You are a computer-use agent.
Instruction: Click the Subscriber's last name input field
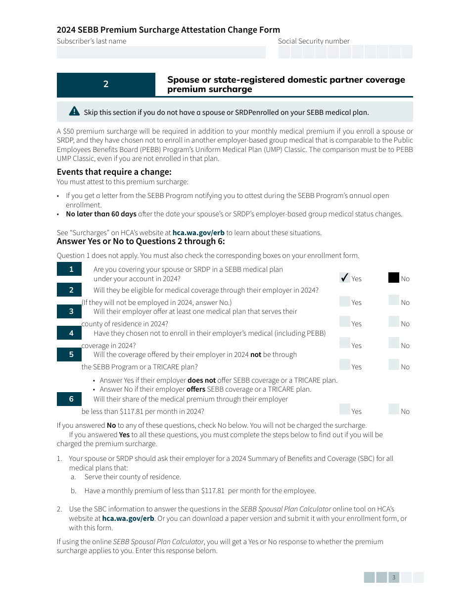click(x=161, y=52)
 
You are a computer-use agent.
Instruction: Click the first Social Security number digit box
click(x=284, y=52)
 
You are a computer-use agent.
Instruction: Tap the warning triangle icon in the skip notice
click(x=74, y=111)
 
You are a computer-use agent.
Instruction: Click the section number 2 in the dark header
click(x=106, y=85)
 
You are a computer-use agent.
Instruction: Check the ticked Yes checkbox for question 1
click(x=345, y=278)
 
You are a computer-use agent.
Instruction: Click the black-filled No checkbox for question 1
click(x=393, y=278)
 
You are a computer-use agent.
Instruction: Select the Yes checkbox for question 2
click(x=345, y=302)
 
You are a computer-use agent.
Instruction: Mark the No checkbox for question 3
click(x=393, y=322)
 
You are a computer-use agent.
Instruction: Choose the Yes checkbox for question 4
click(x=345, y=344)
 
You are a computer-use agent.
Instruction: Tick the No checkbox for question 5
click(x=393, y=365)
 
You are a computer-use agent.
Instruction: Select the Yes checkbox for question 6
click(x=345, y=410)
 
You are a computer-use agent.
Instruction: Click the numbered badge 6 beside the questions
click(x=71, y=399)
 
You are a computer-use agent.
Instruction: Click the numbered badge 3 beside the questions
click(x=71, y=311)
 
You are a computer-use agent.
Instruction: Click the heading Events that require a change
click(x=114, y=172)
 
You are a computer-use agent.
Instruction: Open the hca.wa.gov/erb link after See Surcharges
click(x=198, y=233)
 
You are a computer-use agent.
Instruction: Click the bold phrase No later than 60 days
click(x=101, y=214)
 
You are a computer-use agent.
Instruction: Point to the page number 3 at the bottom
click(x=394, y=577)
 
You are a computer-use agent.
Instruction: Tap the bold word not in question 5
click(x=256, y=355)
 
